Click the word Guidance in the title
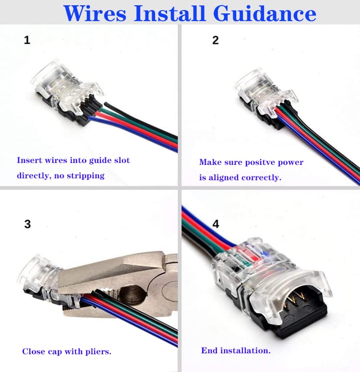[264, 13]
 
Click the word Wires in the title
[95, 13]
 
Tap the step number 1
[27, 40]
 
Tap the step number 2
[216, 40]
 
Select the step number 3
[27, 224]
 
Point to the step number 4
[216, 224]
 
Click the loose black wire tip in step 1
[106, 104]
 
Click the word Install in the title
[169, 13]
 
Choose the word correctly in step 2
[261, 178]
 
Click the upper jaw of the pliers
[114, 272]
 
